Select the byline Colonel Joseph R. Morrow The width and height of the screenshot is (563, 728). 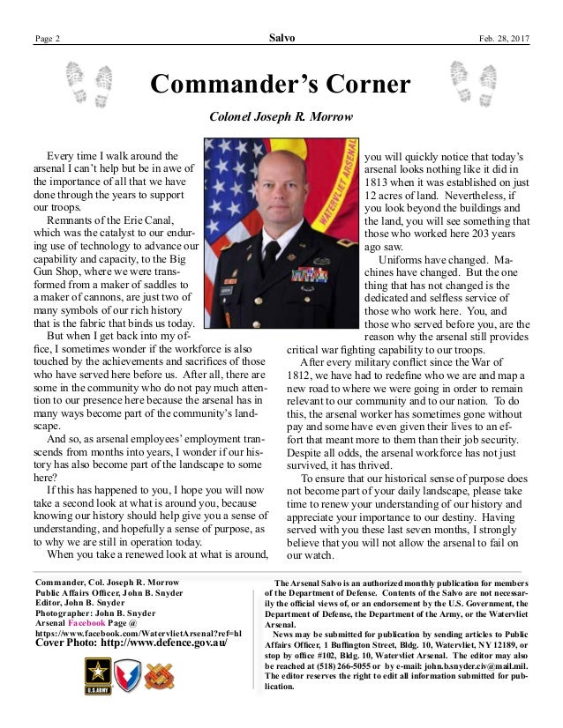281,116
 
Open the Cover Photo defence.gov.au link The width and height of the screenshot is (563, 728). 130,643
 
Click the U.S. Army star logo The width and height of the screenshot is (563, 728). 94,676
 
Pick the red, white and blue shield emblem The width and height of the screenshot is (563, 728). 128,676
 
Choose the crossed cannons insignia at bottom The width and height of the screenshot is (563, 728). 161,676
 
